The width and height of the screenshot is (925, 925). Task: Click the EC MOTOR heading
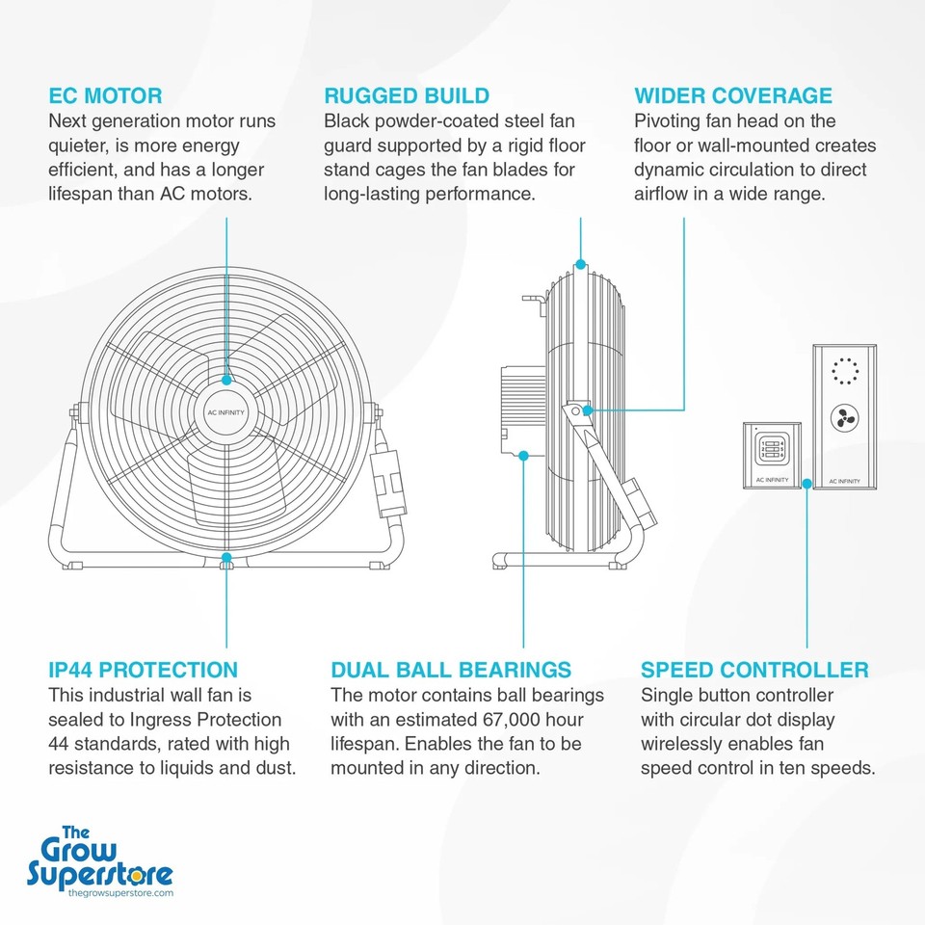[x=105, y=95]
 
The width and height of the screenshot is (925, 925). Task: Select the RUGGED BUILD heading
[x=407, y=95]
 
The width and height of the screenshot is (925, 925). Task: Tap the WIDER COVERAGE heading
[x=732, y=95]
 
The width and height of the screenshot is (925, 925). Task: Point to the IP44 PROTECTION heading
[x=143, y=670]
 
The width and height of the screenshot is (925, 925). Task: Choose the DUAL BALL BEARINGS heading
[x=450, y=670]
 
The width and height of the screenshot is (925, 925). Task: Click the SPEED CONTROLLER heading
[x=754, y=670]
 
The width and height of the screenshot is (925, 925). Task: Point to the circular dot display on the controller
[x=844, y=371]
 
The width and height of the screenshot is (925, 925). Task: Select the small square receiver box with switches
[x=772, y=454]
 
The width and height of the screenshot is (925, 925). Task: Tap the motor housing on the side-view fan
[x=522, y=410]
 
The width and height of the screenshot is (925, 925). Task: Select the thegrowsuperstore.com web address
[x=120, y=893]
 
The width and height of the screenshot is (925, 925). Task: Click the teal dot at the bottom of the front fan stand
[x=226, y=557]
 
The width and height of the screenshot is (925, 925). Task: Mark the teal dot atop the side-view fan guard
[x=580, y=263]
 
